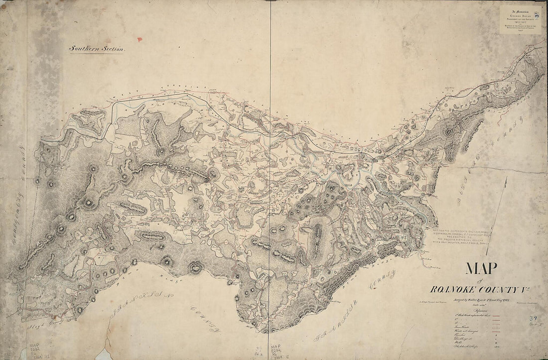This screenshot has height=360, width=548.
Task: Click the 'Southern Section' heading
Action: point(98,49)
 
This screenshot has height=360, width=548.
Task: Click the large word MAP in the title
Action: point(481,269)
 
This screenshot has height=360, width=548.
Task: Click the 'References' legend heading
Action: point(472,309)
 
